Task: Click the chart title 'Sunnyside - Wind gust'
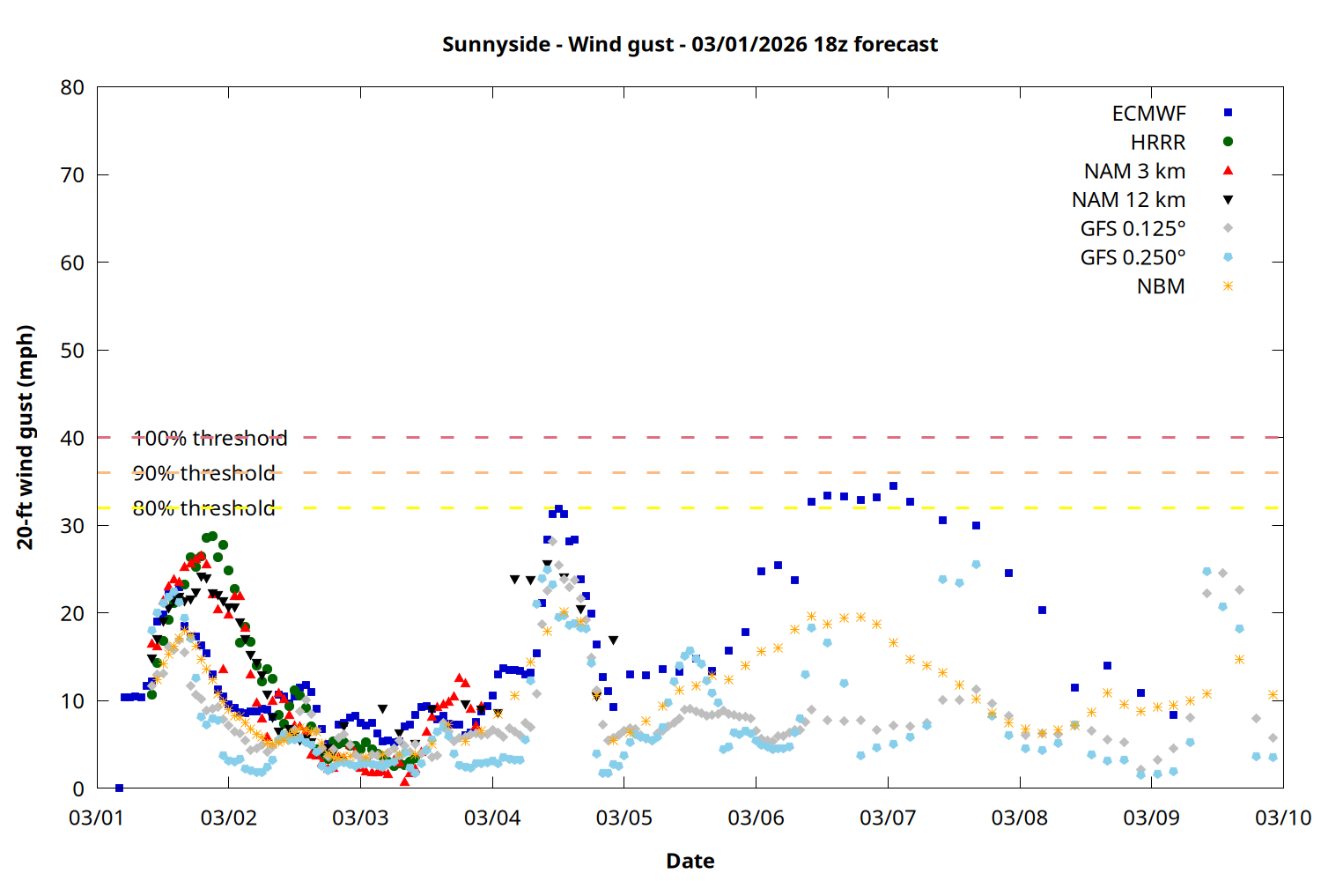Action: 690,44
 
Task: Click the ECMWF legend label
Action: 1148,114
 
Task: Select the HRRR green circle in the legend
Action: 1228,142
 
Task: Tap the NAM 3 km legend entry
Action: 1134,171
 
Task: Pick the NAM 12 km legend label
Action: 1128,200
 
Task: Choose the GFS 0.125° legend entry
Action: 1133,229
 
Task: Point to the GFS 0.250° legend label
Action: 1133,258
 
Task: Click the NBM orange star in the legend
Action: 1228,286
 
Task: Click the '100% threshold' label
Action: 210,438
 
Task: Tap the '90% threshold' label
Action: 203,473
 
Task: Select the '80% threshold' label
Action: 203,508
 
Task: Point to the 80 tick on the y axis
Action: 72,87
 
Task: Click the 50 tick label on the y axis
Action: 72,350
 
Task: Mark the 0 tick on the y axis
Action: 78,788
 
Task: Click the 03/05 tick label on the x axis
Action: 624,818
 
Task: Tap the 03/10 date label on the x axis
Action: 1282,818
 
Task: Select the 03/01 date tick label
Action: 97,818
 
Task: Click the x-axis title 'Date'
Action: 690,861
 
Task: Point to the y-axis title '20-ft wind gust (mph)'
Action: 26,437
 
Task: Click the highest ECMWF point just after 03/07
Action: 893,485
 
